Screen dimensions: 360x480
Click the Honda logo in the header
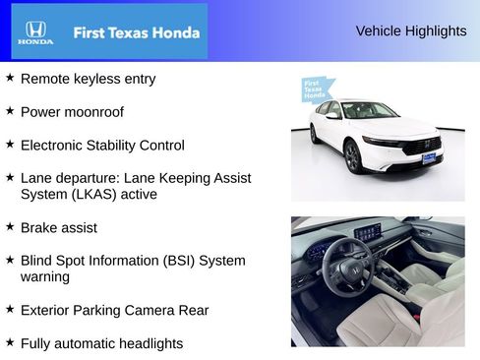click(35, 32)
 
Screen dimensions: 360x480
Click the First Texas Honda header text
click(136, 32)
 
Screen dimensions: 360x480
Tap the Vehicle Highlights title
click(410, 30)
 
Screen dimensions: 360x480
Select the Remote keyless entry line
click(88, 78)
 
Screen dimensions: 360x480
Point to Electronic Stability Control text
click(101, 145)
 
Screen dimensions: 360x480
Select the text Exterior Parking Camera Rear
click(114, 310)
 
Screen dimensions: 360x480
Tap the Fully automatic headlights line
click(101, 343)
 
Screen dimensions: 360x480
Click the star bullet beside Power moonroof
click(10, 110)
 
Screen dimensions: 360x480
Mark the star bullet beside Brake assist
click(10, 226)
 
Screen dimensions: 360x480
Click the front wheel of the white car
click(352, 155)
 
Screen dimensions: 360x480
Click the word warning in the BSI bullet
click(45, 276)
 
